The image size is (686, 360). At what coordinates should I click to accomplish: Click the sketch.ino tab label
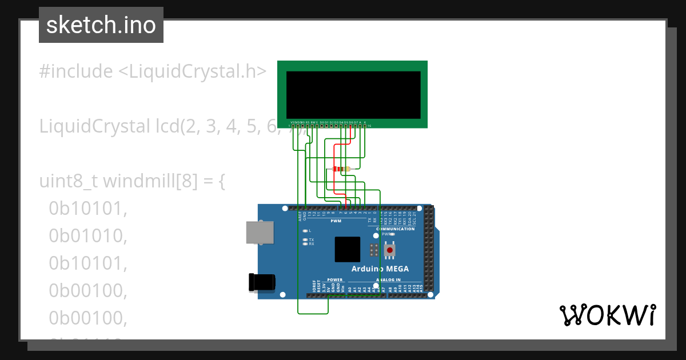[x=101, y=25]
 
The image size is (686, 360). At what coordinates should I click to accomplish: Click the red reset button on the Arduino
[x=390, y=250]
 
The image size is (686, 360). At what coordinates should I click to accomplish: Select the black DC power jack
[x=262, y=282]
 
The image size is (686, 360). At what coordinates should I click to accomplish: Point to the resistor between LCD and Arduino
[x=341, y=169]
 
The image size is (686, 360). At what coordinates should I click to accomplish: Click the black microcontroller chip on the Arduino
[x=348, y=249]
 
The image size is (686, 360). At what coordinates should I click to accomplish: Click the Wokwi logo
[x=607, y=315]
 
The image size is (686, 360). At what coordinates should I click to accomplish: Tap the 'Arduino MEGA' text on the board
[x=380, y=269]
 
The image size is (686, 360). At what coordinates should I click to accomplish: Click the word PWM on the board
[x=336, y=221]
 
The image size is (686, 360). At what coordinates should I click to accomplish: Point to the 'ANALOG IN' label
[x=388, y=280]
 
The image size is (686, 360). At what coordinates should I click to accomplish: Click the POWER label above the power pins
[x=334, y=280]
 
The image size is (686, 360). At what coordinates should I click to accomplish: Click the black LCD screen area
[x=353, y=95]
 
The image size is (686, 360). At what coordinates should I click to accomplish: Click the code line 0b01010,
[x=87, y=235]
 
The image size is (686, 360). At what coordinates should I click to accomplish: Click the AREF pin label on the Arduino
[x=300, y=216]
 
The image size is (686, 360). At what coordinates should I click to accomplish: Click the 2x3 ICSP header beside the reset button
[x=374, y=250]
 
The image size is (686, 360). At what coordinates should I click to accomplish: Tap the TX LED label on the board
[x=311, y=239]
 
